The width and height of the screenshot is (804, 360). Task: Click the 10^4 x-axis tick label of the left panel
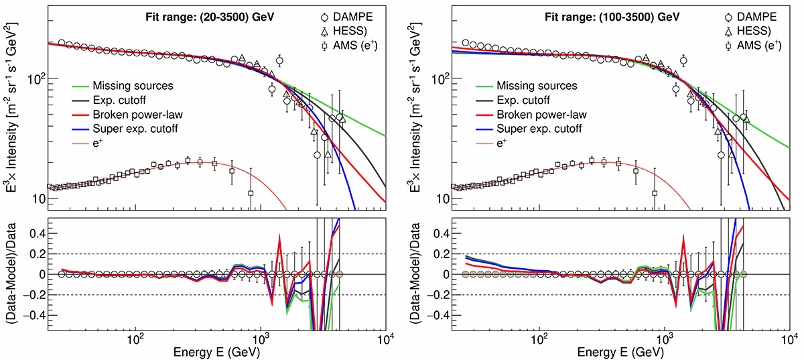click(385, 343)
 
